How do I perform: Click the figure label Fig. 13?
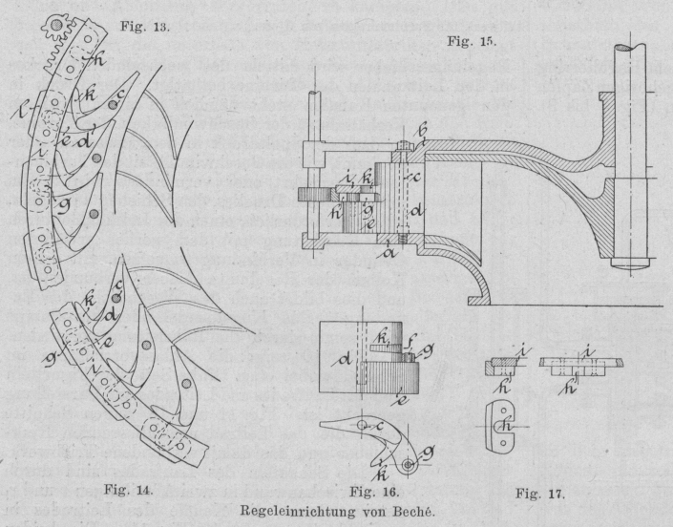point(144,27)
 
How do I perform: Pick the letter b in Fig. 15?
point(424,131)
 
